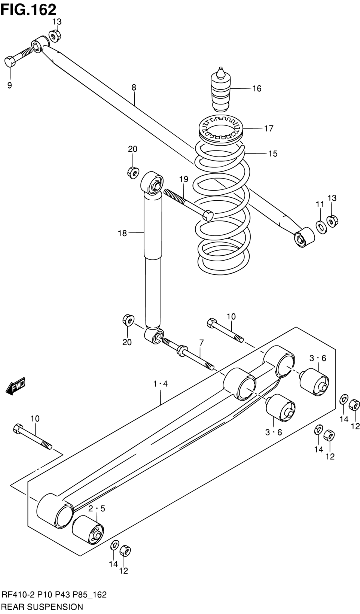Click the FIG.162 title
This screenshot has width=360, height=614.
pyautogui.click(x=28, y=9)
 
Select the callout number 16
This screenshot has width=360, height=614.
pyautogui.click(x=257, y=88)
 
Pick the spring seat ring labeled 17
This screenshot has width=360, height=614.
pyautogui.click(x=220, y=129)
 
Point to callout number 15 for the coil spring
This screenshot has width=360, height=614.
pyautogui.click(x=273, y=153)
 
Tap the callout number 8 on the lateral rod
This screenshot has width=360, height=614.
pyautogui.click(x=134, y=88)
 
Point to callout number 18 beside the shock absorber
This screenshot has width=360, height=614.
pyautogui.click(x=122, y=233)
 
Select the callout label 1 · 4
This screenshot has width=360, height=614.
pyautogui.click(x=160, y=384)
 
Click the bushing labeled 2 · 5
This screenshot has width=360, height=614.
pyautogui.click(x=88, y=533)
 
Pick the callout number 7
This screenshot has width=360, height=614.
pyautogui.click(x=201, y=343)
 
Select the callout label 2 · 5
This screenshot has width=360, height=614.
pyautogui.click(x=97, y=509)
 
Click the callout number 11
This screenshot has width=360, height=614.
pyautogui.click(x=320, y=204)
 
